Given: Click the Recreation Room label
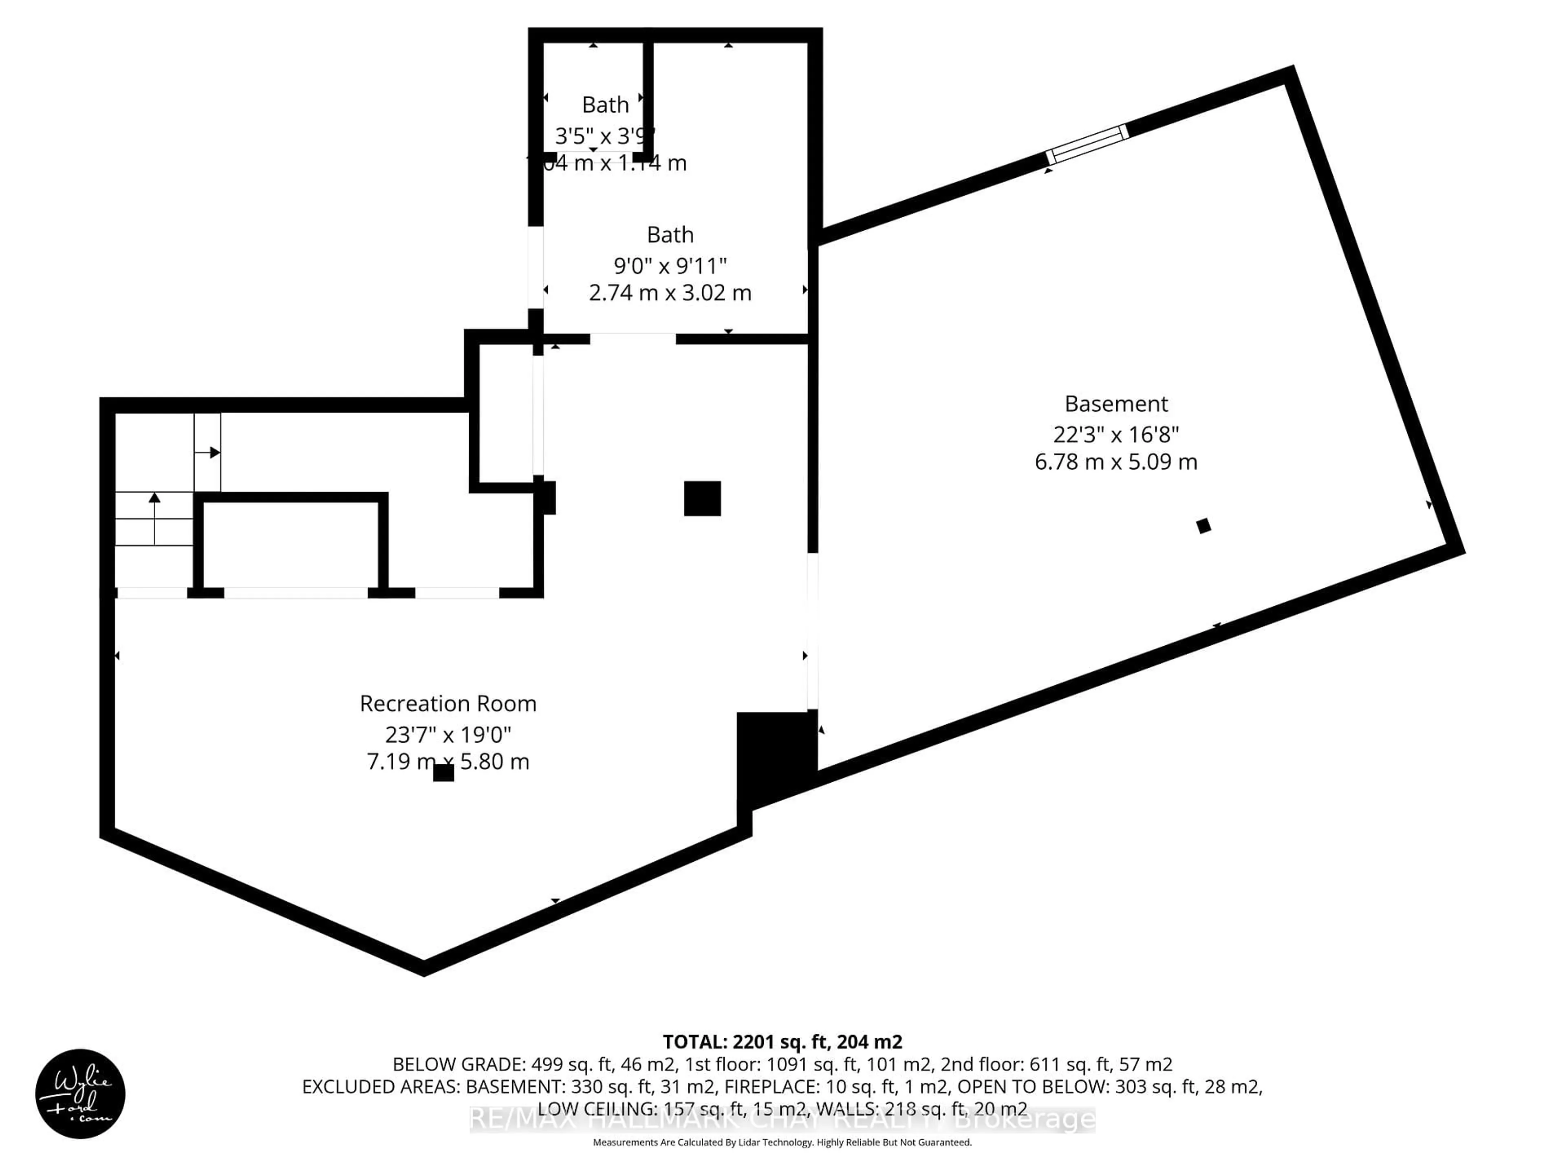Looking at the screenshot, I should click(448, 704).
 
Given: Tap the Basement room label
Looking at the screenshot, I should click(1116, 404).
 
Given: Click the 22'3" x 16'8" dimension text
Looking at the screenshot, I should click(1116, 434).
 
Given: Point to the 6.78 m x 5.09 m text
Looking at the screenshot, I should click(1116, 462).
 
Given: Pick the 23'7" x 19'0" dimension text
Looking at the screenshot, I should click(448, 735).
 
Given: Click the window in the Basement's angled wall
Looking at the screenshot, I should click(1087, 144).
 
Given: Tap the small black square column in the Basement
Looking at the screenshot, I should click(1204, 526).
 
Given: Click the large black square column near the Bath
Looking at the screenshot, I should click(702, 498).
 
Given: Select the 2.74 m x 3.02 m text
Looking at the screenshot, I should click(670, 293).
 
